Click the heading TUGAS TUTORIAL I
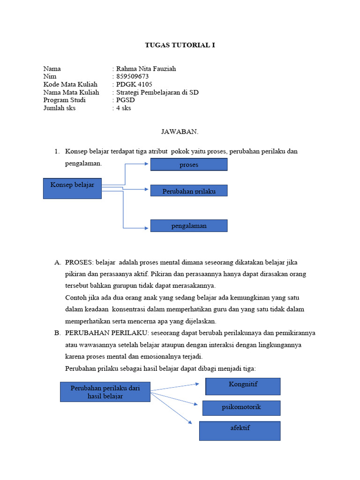(180, 45)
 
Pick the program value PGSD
(126, 100)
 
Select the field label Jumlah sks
(60, 108)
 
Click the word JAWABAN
(180, 132)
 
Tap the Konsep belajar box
(72, 188)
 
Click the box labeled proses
(188, 165)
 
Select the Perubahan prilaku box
(188, 190)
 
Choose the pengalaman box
(188, 225)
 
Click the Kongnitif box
(243, 386)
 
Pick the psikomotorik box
(241, 408)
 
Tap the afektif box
(240, 430)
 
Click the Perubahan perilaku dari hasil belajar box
(105, 392)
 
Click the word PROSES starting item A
(79, 262)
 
